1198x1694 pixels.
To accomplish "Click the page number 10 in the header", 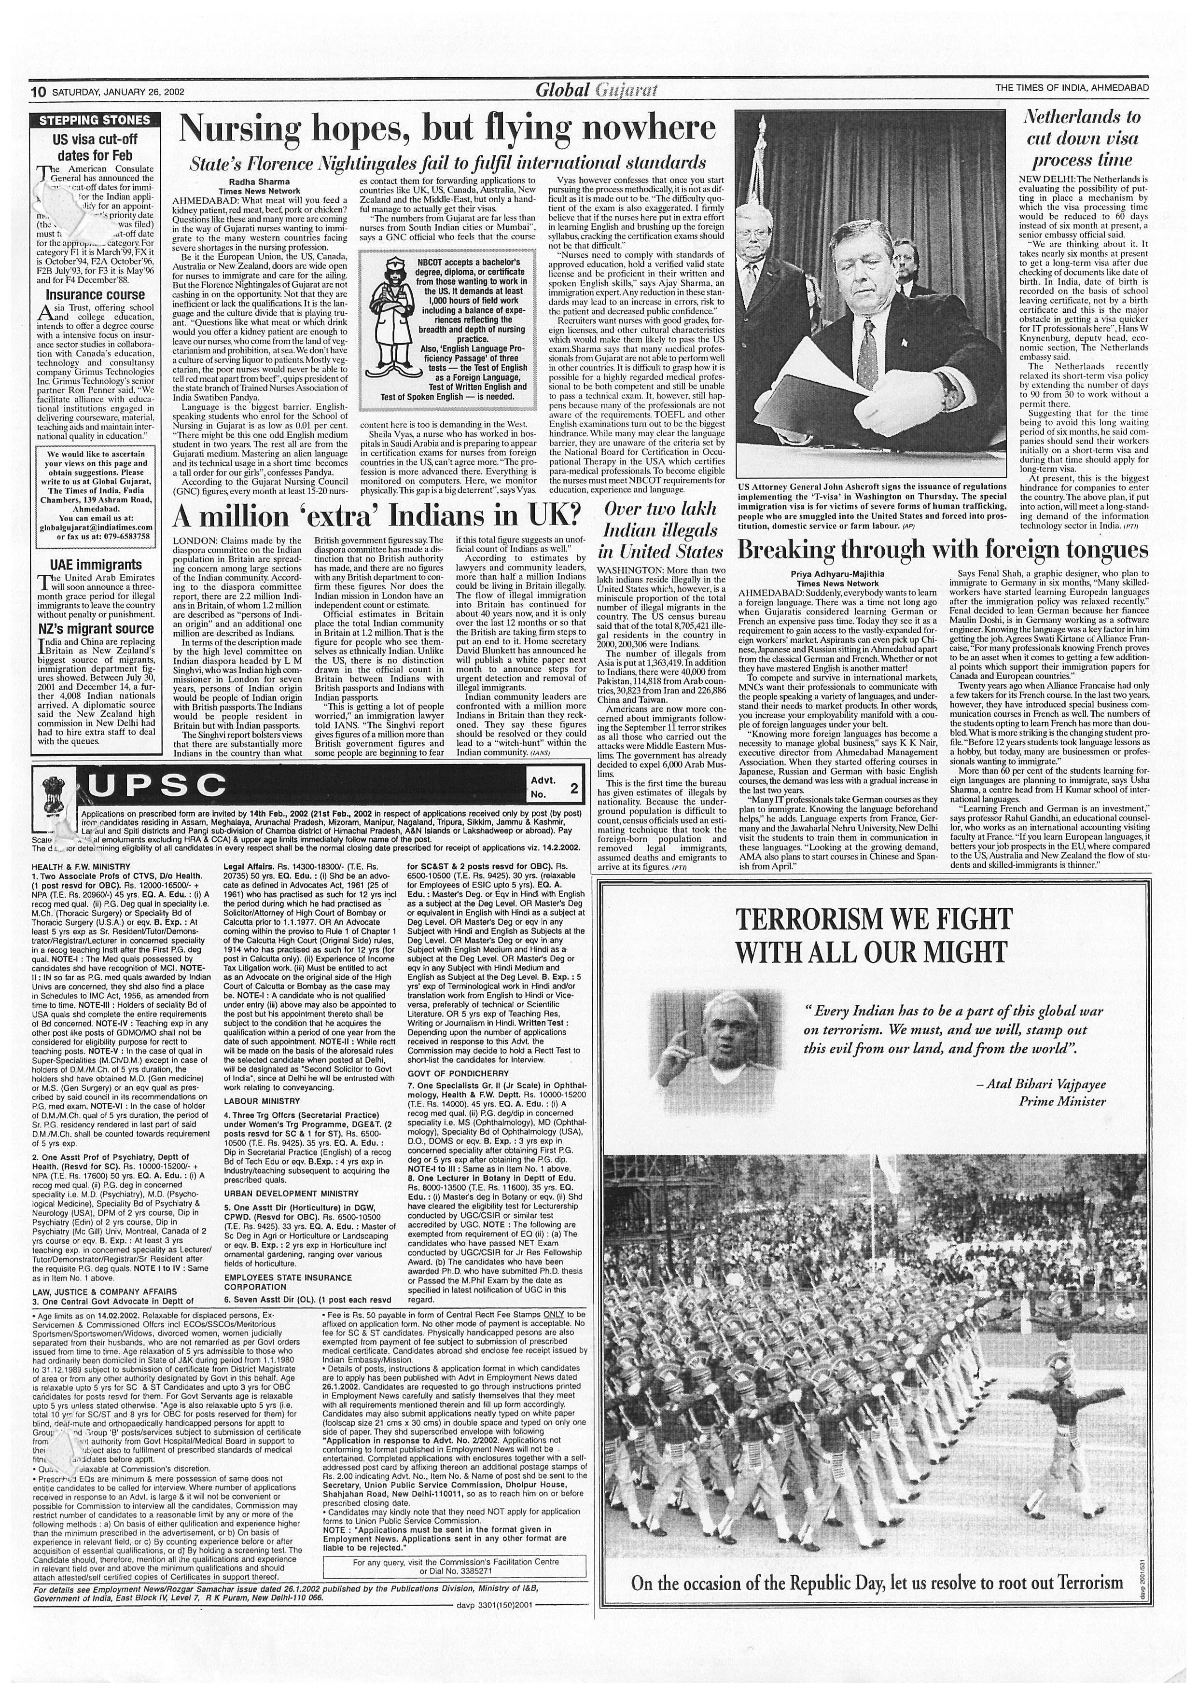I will [x=38, y=92].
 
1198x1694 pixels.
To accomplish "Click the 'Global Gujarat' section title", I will [x=596, y=91].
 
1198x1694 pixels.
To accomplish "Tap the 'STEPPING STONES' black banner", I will [x=95, y=120].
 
